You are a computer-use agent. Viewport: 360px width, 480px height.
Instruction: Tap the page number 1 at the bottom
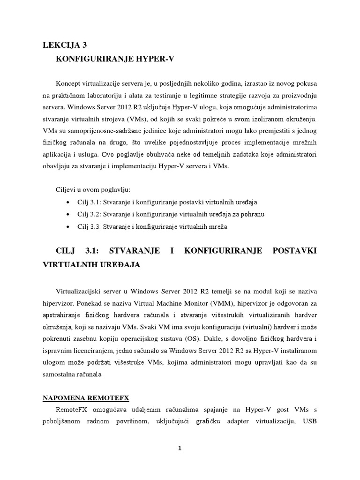pos(180,448)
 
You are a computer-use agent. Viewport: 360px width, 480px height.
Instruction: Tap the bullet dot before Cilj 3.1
pos(68,202)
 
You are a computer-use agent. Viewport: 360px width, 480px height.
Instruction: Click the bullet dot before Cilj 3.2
pos(68,214)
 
